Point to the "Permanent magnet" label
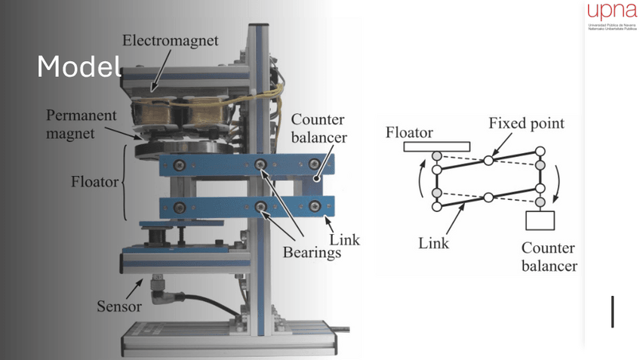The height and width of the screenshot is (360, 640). (x=82, y=125)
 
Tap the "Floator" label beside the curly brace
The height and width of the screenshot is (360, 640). (x=94, y=182)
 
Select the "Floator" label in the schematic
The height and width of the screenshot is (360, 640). (x=409, y=132)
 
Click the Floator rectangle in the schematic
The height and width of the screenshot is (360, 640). (x=436, y=146)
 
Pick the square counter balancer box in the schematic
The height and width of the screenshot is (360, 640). (x=540, y=220)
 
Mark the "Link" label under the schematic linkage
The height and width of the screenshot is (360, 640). (x=433, y=243)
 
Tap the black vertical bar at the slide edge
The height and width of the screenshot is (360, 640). (x=612, y=312)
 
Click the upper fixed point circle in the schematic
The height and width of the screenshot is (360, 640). (x=488, y=160)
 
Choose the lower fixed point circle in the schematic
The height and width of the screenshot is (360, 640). (x=488, y=198)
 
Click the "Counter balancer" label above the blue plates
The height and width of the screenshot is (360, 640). (x=318, y=129)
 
